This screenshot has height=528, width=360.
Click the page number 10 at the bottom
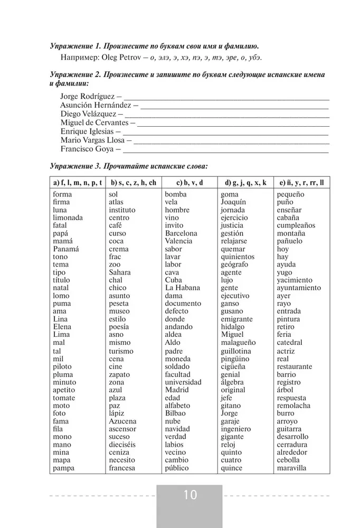(x=190, y=495)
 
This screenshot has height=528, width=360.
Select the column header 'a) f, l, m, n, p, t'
(x=78, y=183)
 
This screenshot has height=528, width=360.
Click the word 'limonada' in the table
(x=68, y=218)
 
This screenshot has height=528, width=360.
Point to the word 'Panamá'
(x=65, y=249)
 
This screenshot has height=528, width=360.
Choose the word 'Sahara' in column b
(x=120, y=272)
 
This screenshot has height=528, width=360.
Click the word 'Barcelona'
(x=181, y=233)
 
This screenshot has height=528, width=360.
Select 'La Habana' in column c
(x=182, y=288)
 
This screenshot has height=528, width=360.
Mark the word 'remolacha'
(x=293, y=406)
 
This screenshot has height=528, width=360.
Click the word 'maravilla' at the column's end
(x=291, y=468)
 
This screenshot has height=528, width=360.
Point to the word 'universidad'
(x=183, y=382)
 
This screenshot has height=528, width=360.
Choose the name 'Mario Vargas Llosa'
(x=92, y=140)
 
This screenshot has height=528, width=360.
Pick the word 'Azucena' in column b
(x=122, y=421)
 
